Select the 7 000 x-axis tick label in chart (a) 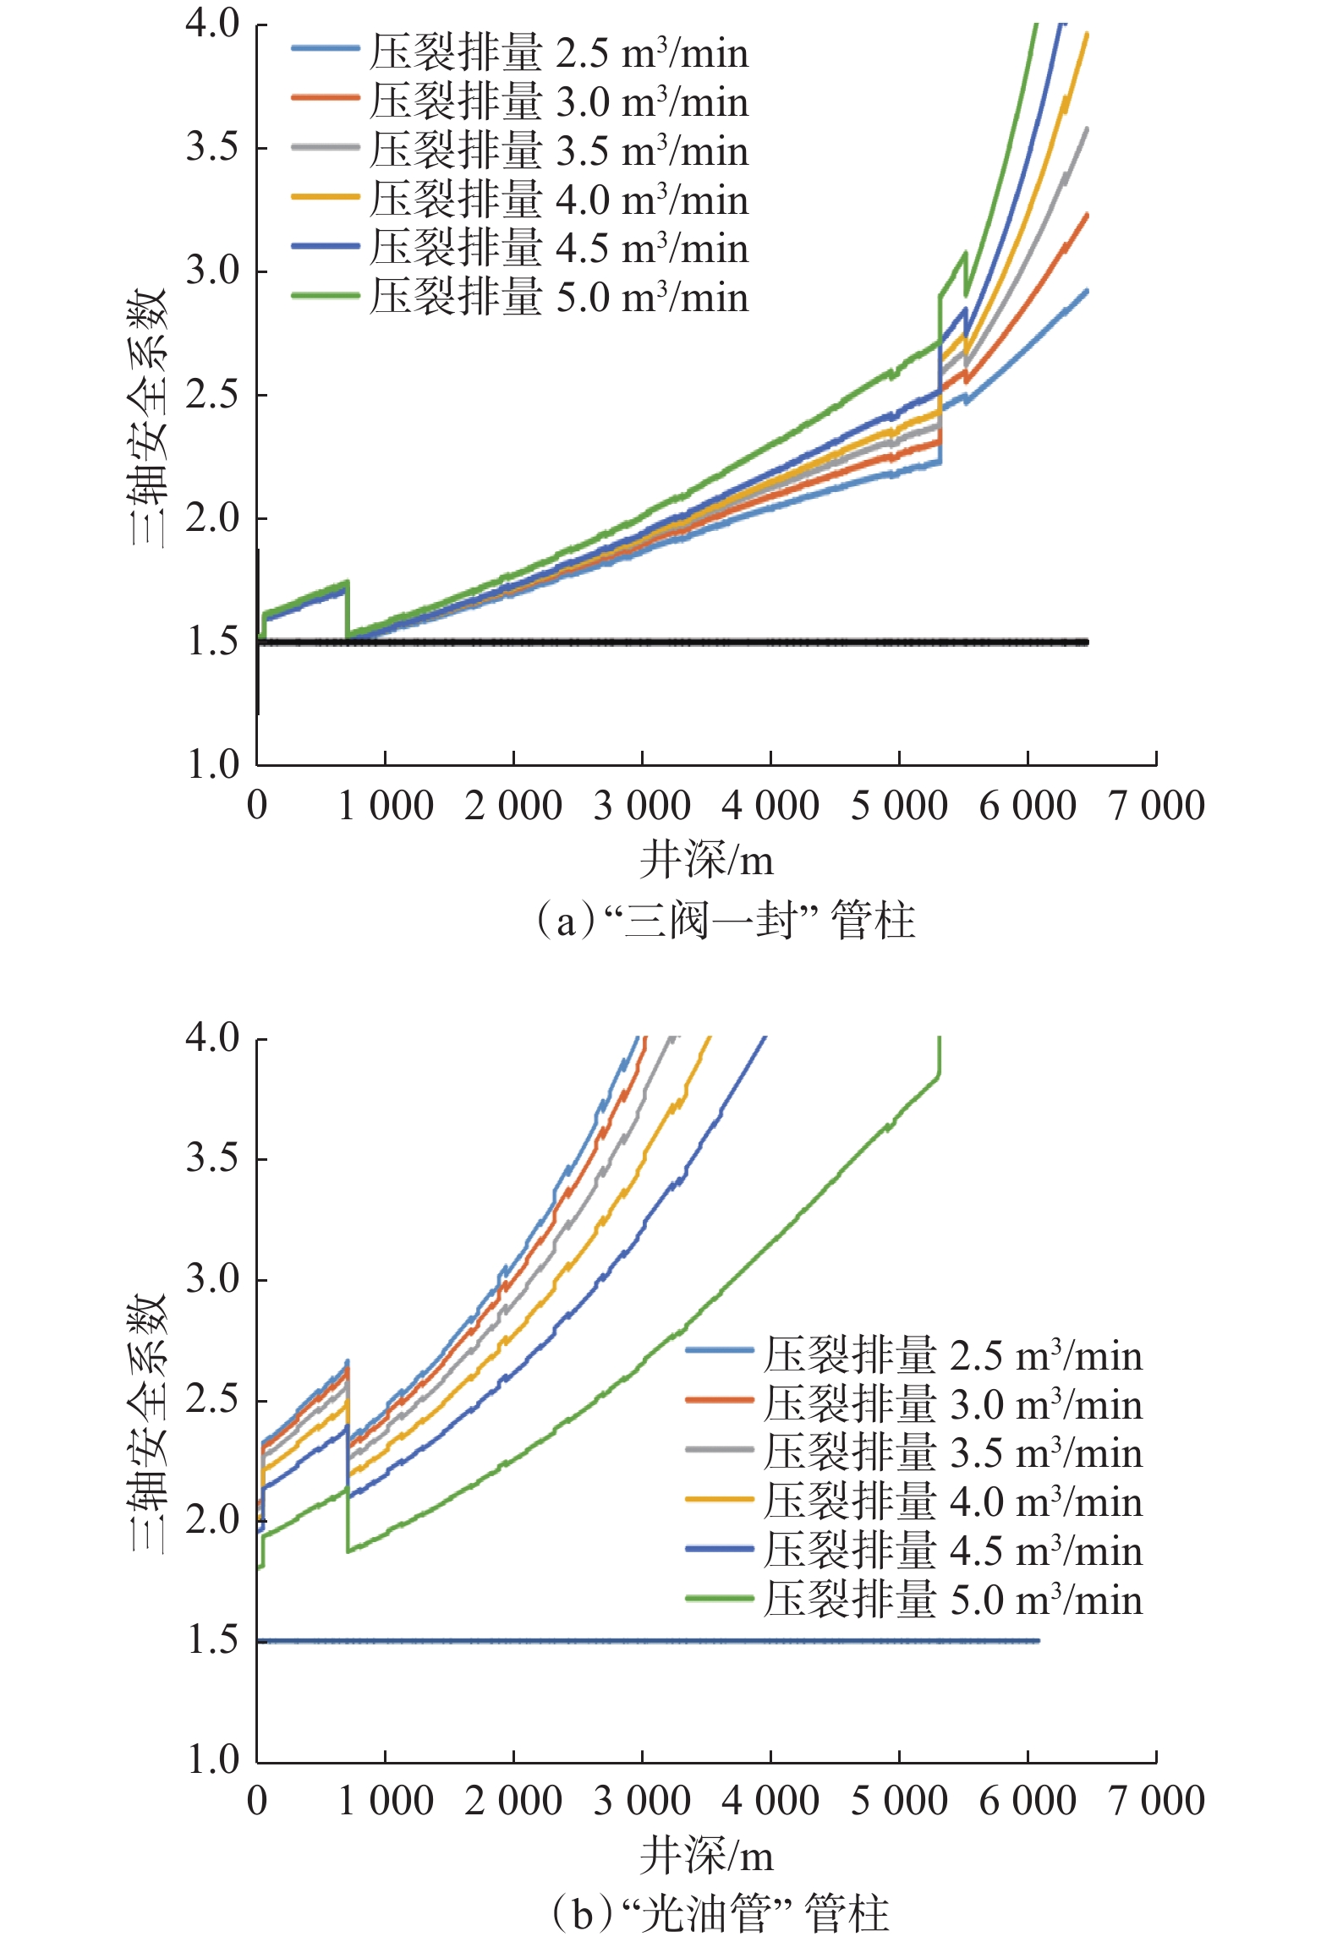1156,805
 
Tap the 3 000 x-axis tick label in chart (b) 642,1800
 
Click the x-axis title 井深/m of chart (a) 706,861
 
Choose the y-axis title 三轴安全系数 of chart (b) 149,1422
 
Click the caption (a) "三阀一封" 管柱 725,920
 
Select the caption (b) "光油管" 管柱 720,1913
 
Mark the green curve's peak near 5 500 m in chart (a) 964,254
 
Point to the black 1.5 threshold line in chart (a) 677,643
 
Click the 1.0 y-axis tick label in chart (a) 213,764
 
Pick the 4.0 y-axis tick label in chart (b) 213,1037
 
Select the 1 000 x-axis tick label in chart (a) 386,805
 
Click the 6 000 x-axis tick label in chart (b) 1028,1800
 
